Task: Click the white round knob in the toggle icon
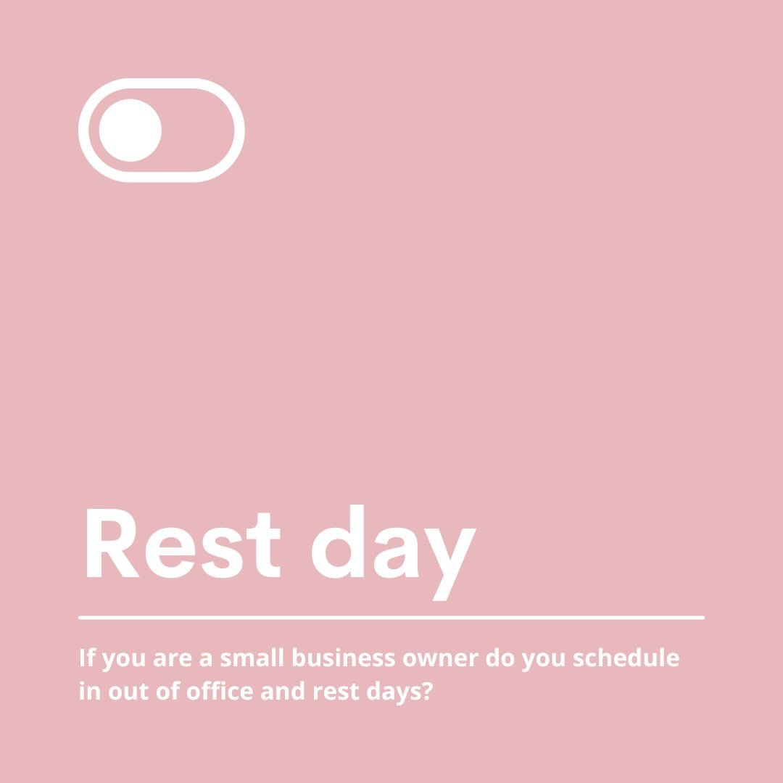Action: tap(130, 130)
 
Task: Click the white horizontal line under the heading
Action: tap(391, 618)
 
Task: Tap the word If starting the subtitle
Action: tap(87, 658)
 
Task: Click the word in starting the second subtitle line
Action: tap(89, 691)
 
